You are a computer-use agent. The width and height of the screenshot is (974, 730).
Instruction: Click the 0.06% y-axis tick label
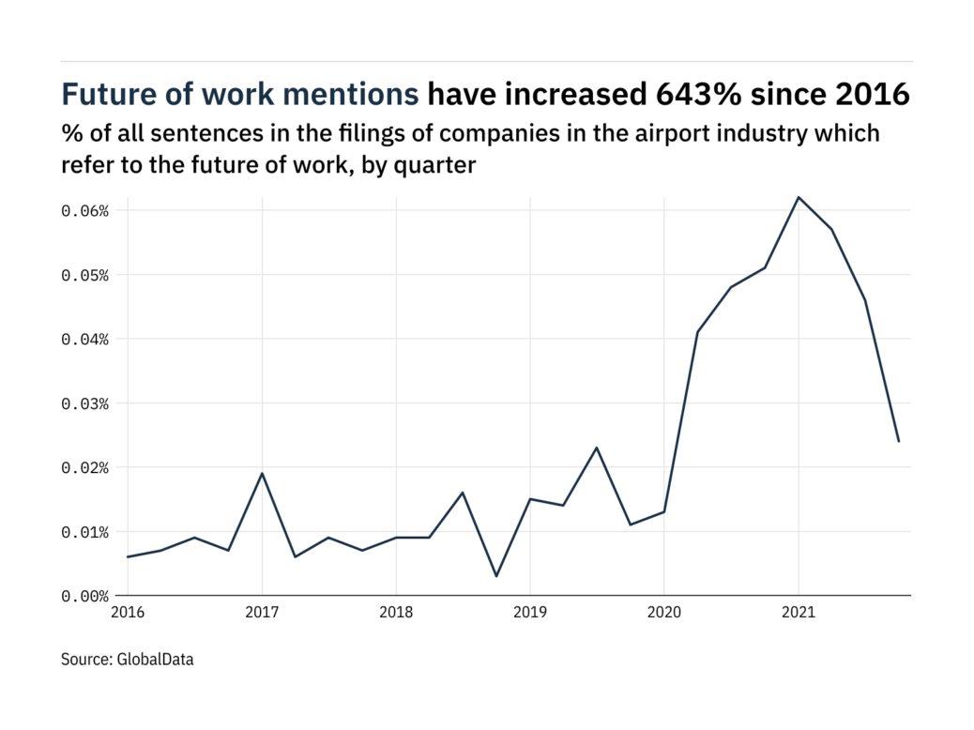click(x=85, y=211)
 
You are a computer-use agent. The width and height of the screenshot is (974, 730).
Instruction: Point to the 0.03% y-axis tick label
click(x=85, y=403)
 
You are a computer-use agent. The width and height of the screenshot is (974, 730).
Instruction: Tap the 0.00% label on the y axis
click(x=85, y=596)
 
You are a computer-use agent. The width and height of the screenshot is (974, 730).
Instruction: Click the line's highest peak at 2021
click(x=799, y=197)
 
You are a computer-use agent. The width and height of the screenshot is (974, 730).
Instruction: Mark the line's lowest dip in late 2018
click(x=496, y=576)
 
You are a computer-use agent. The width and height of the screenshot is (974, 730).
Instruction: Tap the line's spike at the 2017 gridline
click(x=262, y=473)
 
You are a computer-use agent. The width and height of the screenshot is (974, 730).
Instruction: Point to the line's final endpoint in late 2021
click(x=899, y=441)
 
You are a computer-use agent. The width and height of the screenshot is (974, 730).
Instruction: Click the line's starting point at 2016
click(x=128, y=557)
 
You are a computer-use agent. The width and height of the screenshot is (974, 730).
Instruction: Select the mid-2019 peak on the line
click(x=597, y=448)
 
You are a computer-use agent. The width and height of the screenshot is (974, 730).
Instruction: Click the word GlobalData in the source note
click(x=156, y=660)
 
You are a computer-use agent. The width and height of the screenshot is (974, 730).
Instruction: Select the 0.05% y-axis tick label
click(x=85, y=275)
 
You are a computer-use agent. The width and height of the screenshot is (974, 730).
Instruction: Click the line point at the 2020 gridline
click(x=664, y=511)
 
